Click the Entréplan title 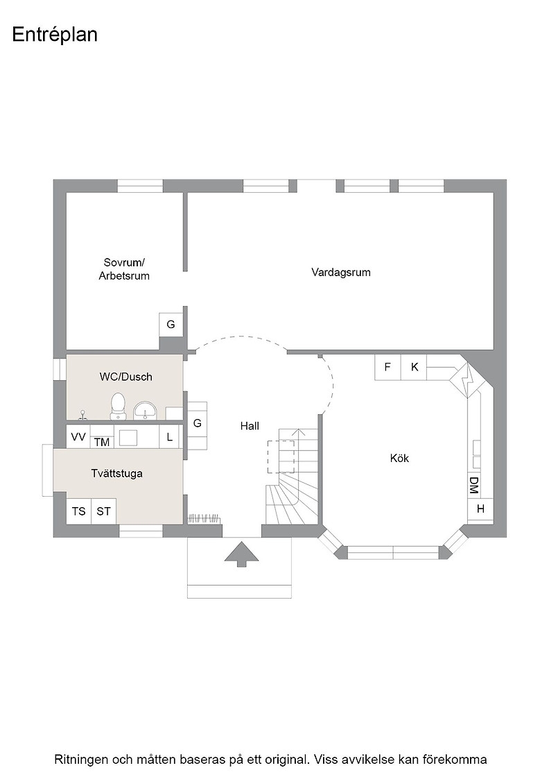point(55,35)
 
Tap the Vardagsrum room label point(340,272)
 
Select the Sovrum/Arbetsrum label point(124,269)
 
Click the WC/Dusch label point(125,377)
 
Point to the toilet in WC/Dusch point(118,405)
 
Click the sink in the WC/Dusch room point(145,410)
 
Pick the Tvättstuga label point(117,473)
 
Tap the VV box point(78,436)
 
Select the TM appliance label point(101,442)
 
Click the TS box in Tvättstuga point(79,511)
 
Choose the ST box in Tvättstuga point(103,511)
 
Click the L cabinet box point(170,437)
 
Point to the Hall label point(250,426)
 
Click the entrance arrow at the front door point(242,554)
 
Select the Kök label point(399,459)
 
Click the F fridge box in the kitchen point(387,367)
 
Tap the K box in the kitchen point(414,367)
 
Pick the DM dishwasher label point(473,485)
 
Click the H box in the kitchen point(480,509)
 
